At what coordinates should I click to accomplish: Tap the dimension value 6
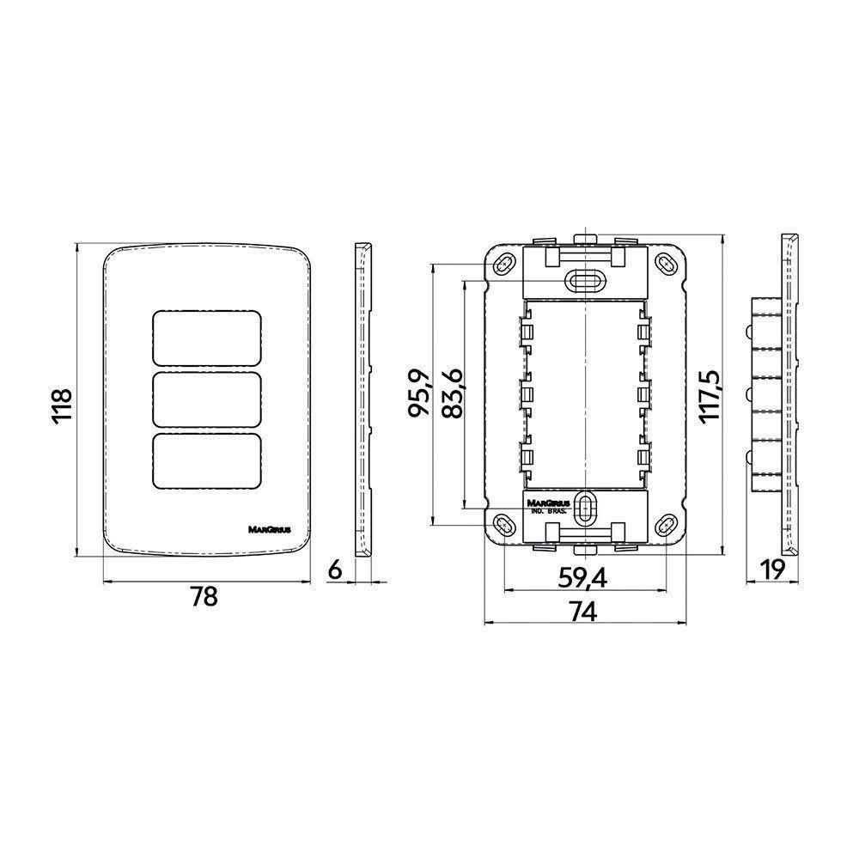pyautogui.click(x=336, y=569)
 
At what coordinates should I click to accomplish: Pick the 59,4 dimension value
pyautogui.click(x=582, y=579)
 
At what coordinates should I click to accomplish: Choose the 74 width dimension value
pyautogui.click(x=583, y=611)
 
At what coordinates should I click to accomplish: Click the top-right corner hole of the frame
pyautogui.click(x=666, y=263)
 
